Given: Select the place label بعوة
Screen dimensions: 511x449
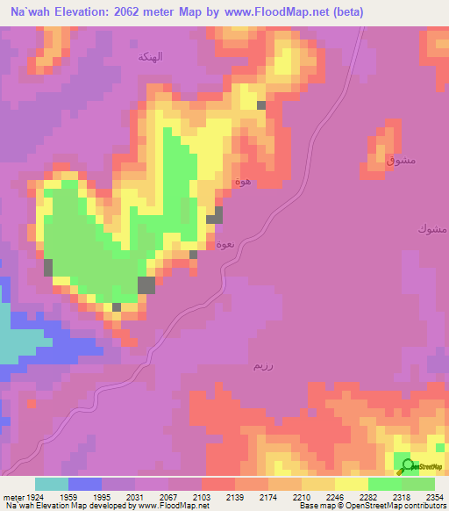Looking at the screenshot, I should click(x=224, y=243).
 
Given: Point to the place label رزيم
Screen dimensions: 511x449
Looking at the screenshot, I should click(x=262, y=364).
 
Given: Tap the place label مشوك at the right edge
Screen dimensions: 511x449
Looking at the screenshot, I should click(x=432, y=229).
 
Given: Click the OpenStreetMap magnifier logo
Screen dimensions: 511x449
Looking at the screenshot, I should click(x=407, y=466).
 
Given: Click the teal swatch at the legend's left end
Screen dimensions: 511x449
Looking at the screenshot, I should click(x=52, y=484).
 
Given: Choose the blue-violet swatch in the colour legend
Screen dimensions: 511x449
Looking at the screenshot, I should click(x=85, y=484).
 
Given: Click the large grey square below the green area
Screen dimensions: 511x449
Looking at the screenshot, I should click(x=146, y=284).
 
